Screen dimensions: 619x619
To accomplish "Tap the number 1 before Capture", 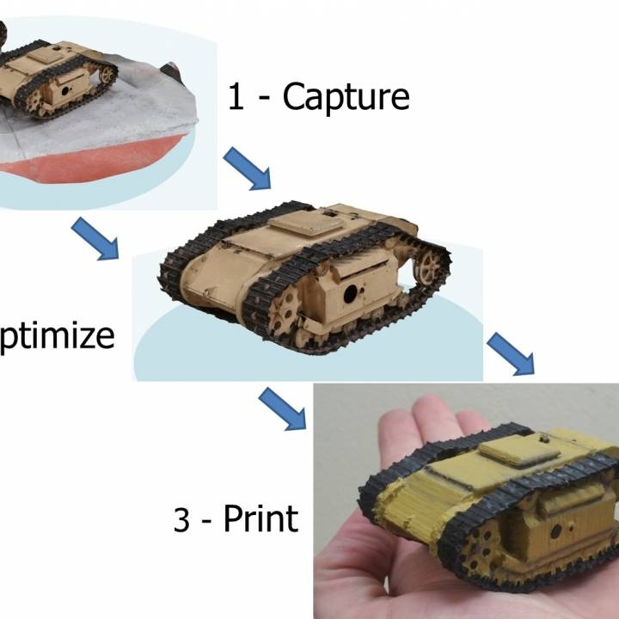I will (x=236, y=97).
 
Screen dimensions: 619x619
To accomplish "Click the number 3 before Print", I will (x=181, y=520).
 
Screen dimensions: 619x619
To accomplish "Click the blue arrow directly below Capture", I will (x=247, y=168).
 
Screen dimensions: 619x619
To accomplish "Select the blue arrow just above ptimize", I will (x=94, y=238).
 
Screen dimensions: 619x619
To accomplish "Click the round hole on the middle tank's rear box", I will (x=351, y=294).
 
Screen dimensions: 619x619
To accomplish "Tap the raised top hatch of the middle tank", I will (x=301, y=221).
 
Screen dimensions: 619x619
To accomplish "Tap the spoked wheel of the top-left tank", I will (x=107, y=75).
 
